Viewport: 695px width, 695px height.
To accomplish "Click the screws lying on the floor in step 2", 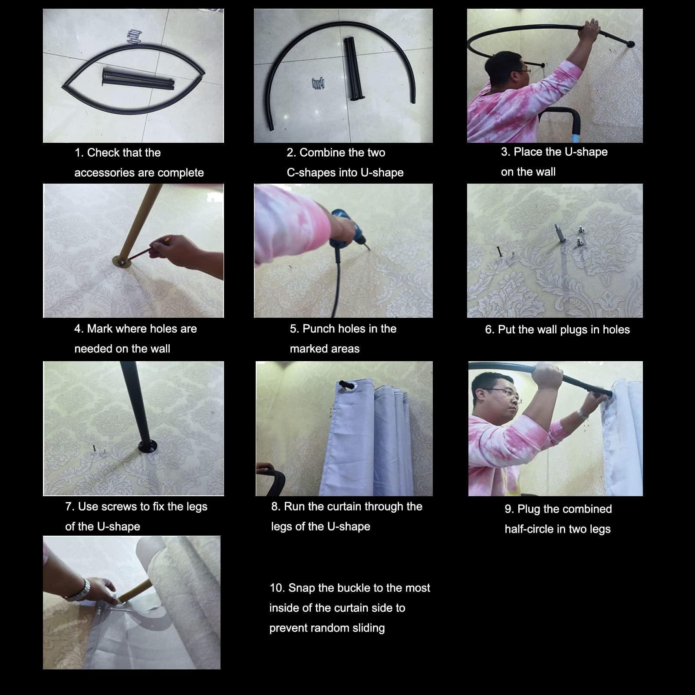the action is pyautogui.click(x=319, y=82).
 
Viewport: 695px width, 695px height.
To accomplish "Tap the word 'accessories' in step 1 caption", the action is pyautogui.click(x=102, y=173).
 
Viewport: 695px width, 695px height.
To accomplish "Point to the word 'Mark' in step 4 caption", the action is pyautogui.click(x=98, y=329).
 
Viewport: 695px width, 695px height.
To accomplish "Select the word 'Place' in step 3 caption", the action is pyautogui.click(x=528, y=152).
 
